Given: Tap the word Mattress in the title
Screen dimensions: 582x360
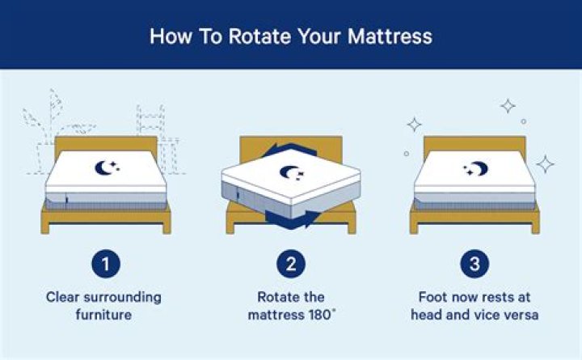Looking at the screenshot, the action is coord(390,36).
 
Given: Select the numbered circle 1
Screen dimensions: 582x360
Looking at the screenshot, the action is coord(106,264).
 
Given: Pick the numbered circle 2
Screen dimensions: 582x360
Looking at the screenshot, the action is coord(291,264).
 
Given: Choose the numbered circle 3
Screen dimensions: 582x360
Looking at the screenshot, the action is coord(474,264).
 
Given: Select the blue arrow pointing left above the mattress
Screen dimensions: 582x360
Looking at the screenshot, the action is coord(289,150).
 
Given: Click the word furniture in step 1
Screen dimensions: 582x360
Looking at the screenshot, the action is coord(103,315).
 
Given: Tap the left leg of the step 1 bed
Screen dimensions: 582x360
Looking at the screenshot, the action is coord(45,227).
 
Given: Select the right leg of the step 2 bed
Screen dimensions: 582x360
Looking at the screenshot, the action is coord(352,227).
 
